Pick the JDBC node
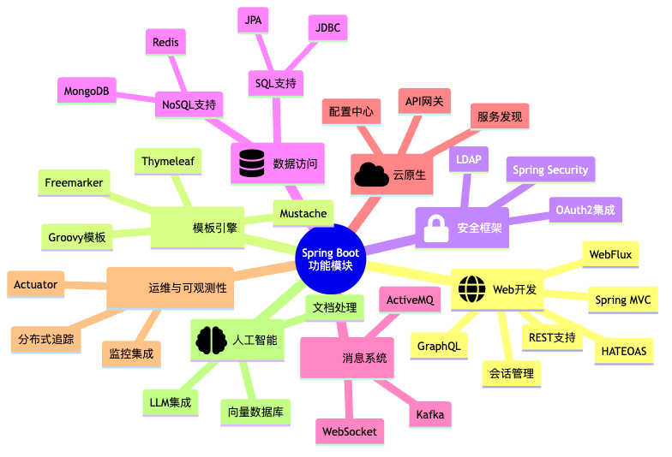pos(327,27)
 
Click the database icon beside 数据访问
pos(251,163)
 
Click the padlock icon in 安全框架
pos(435,228)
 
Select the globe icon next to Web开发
pos(471,288)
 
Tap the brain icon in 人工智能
pos(211,340)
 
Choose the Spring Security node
pos(550,169)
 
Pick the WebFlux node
pos(610,254)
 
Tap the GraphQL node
pos(438,347)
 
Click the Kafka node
pos(429,414)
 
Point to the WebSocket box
pos(349,431)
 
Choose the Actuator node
pos(36,284)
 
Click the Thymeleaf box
pos(169,161)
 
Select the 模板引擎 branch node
pos(214,228)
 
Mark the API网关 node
pos(424,102)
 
